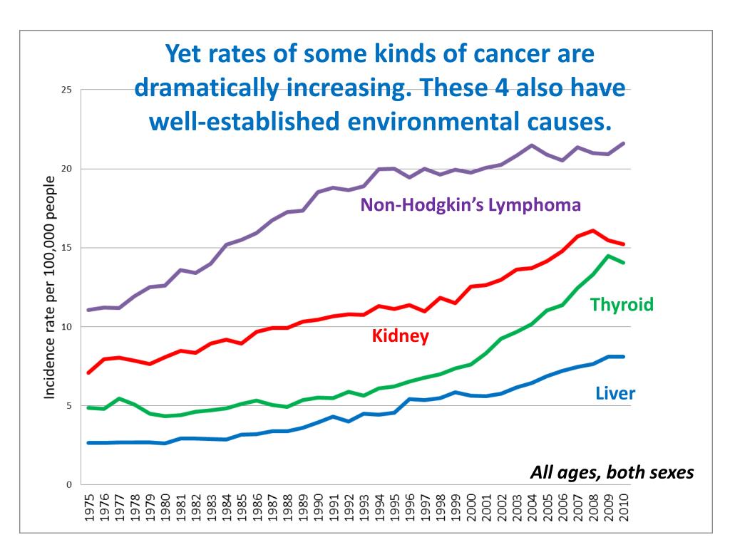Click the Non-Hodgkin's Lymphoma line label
tap(471, 206)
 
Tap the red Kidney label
tap(401, 335)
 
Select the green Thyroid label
tap(622, 306)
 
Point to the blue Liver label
tap(615, 393)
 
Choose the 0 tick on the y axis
tap(69, 484)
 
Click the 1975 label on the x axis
tap(89, 507)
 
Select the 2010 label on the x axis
tap(624, 507)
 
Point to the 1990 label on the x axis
tap(318, 507)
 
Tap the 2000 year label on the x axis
tap(471, 507)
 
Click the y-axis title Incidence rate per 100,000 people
tap(51, 287)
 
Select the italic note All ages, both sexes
tap(612, 473)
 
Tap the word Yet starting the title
tap(183, 54)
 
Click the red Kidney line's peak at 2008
tap(593, 231)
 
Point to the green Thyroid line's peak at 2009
tap(608, 256)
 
